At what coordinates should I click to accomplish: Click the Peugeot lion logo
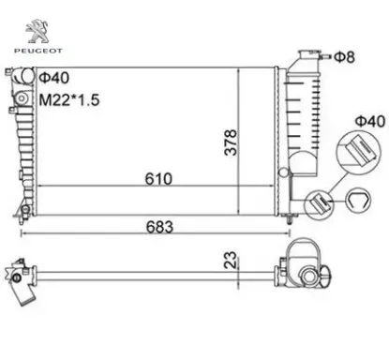tap(37, 31)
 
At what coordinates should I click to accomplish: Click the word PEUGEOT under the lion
tap(38, 51)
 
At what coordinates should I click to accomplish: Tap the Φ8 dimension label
tap(345, 57)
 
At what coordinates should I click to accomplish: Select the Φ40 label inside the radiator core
tap(53, 78)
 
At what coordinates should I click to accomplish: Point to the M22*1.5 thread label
tap(69, 100)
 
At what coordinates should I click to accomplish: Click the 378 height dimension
tap(231, 142)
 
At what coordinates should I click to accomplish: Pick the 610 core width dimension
tap(158, 179)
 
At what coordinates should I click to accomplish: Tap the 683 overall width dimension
tap(159, 227)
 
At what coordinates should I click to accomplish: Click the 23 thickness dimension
tap(231, 260)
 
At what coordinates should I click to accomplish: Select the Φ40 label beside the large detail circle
tap(371, 121)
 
